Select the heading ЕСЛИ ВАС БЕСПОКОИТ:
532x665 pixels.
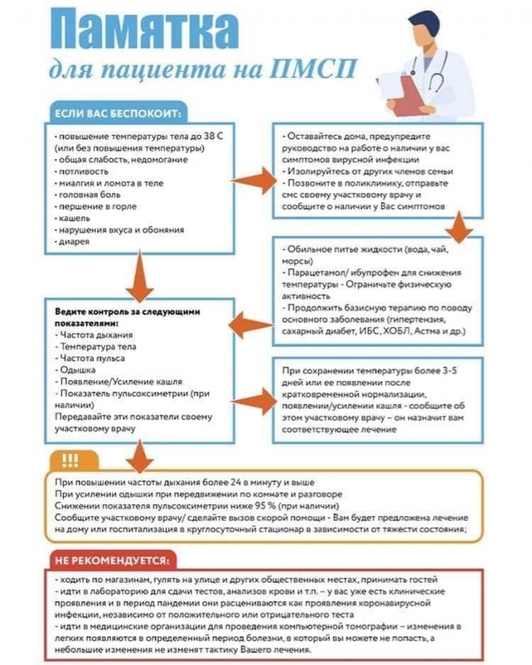(118, 113)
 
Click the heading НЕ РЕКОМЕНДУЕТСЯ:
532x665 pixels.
(111, 559)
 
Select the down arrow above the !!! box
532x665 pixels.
(140, 454)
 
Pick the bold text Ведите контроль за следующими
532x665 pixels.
(127, 310)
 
